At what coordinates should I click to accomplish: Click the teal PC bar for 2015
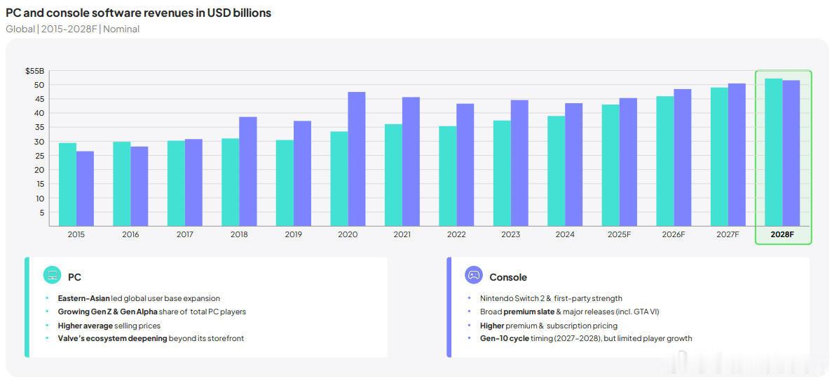tap(67, 184)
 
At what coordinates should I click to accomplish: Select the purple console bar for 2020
tap(356, 159)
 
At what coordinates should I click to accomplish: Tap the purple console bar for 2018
tap(247, 171)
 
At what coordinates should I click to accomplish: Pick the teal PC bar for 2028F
tap(774, 152)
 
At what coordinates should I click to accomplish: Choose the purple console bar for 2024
tap(573, 164)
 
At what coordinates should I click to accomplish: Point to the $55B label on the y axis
tap(34, 71)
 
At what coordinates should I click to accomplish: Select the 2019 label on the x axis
tap(293, 234)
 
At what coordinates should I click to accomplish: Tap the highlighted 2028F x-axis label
tap(782, 234)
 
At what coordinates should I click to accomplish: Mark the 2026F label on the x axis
tap(674, 234)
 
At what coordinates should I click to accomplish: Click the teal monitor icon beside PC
tap(53, 275)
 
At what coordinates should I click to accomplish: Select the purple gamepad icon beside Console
tap(474, 275)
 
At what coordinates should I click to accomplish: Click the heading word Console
tap(508, 277)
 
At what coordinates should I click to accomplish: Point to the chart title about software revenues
tap(138, 13)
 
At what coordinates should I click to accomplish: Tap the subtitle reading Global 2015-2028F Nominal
tap(72, 29)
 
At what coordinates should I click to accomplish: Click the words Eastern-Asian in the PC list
tap(83, 298)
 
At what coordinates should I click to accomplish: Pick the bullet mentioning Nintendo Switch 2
tap(551, 298)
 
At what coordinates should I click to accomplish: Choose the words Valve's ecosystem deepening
tap(112, 338)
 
